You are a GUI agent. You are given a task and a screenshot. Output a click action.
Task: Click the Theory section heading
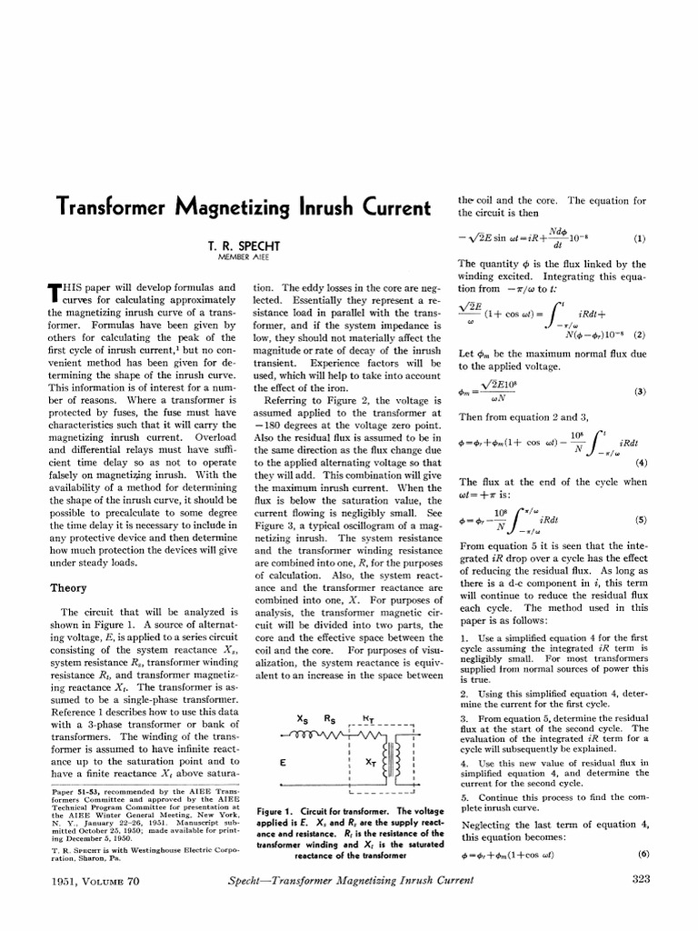(67, 588)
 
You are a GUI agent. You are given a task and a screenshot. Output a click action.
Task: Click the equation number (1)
(639, 239)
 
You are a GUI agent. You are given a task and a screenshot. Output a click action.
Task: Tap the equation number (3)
(639, 392)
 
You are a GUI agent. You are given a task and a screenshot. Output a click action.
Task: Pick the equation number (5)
(639, 520)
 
